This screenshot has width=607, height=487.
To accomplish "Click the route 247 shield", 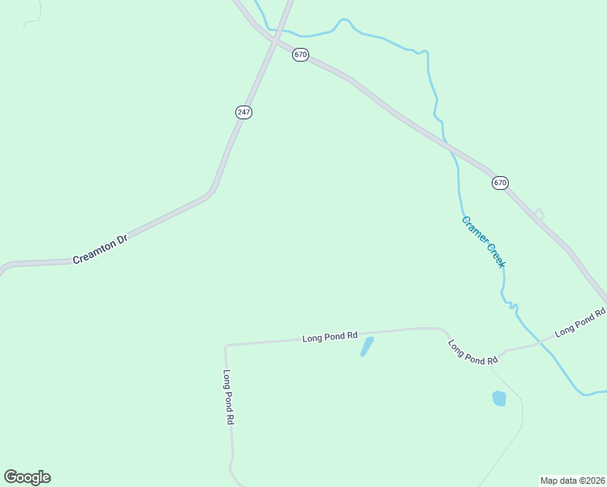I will [x=243, y=112].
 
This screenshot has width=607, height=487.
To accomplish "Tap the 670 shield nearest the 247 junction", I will [x=301, y=55].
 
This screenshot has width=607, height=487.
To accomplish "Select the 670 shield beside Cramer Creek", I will [x=500, y=183].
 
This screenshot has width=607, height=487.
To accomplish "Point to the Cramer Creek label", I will [x=484, y=242].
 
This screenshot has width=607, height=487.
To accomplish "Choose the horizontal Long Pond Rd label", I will [x=330, y=335].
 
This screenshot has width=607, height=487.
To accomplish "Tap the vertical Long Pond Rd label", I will [x=229, y=398].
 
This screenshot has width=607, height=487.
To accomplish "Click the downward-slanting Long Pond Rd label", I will [x=472, y=351].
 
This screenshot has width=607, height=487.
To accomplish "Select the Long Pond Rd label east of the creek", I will [x=580, y=322].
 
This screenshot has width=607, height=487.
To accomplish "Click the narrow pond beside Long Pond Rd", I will [x=367, y=347].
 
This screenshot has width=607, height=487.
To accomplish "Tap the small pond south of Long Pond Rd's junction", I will [x=499, y=398].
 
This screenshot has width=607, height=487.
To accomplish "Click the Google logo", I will [x=27, y=477].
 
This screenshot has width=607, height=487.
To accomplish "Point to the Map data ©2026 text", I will [x=572, y=480].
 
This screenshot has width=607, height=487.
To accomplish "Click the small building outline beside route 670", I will [x=539, y=213].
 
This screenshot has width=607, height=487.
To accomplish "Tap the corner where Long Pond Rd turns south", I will [x=226, y=346].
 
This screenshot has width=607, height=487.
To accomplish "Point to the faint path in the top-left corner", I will [x=32, y=18].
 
